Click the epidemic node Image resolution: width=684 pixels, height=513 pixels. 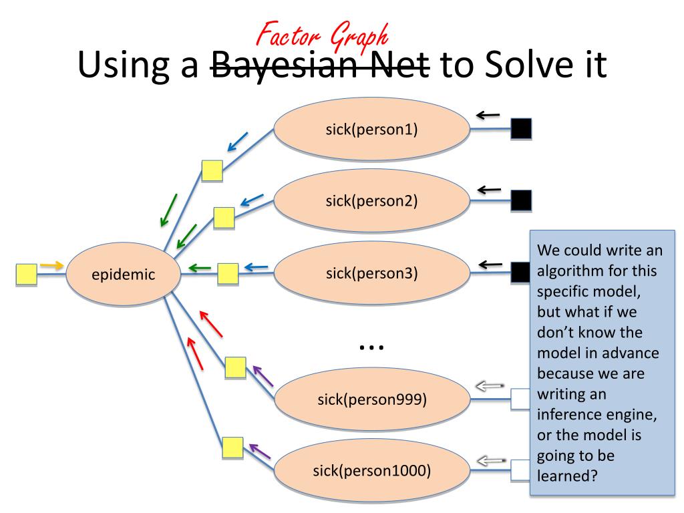coord(123,274)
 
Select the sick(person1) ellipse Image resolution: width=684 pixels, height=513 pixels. coord(371,129)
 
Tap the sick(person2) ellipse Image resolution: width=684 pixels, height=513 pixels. coord(371,201)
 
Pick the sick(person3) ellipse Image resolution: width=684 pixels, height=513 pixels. coord(371,273)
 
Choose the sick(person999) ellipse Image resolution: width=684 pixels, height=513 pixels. coord(371,399)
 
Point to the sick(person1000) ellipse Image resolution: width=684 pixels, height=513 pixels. coord(371,470)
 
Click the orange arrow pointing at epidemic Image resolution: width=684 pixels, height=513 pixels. coord(52,266)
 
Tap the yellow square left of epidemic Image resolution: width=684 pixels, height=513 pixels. coord(26,275)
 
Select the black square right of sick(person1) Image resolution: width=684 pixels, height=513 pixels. coord(520,129)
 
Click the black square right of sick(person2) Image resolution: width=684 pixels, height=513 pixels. coord(520,200)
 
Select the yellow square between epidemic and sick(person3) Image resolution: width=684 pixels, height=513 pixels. coord(228,273)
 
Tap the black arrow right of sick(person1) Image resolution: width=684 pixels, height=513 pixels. coord(488,116)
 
